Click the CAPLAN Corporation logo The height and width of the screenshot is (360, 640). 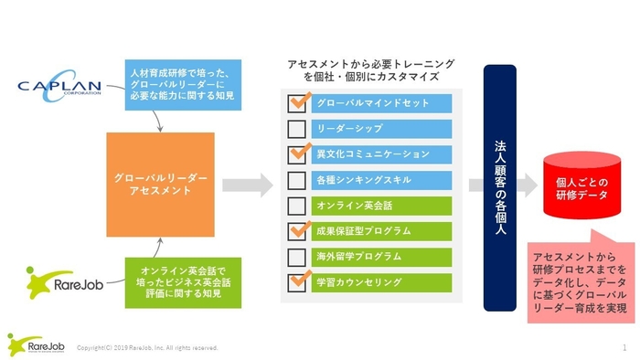click(66, 88)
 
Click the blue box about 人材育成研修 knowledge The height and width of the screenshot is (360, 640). click(184, 84)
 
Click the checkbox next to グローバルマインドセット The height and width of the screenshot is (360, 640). click(296, 103)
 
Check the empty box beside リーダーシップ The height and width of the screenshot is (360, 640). click(296, 129)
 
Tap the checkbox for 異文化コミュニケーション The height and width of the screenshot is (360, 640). click(296, 154)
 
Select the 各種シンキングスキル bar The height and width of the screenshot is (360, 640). click(383, 180)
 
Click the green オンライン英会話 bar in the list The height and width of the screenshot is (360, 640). click(383, 206)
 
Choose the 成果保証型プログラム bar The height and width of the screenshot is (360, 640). click(383, 231)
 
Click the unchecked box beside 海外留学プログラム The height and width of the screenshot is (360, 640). click(296, 257)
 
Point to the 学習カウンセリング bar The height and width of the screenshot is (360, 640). click(383, 282)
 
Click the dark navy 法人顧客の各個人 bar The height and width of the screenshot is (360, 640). click(499, 187)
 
